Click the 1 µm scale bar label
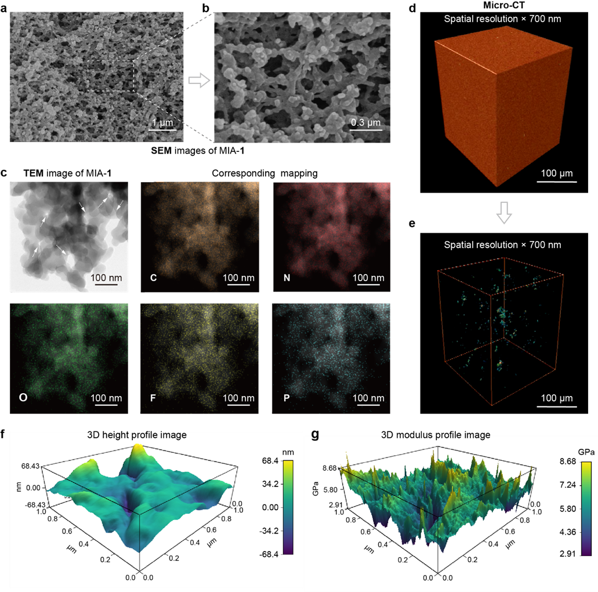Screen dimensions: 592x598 (x=162, y=122)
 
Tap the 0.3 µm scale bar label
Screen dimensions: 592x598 (x=365, y=122)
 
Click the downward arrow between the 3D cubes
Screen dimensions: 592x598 (x=504, y=216)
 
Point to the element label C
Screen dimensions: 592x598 (x=153, y=278)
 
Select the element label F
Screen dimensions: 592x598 (x=153, y=398)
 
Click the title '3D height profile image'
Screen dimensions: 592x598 (x=137, y=435)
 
